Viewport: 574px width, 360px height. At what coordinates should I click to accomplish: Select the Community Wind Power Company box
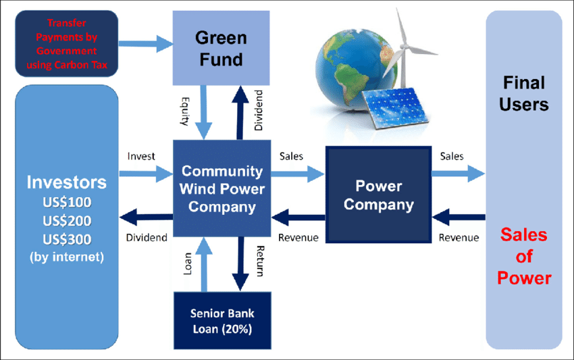[x=221, y=188]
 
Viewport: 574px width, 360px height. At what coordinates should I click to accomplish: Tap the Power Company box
[x=378, y=195]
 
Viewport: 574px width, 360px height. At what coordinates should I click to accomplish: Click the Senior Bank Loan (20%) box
[x=221, y=322]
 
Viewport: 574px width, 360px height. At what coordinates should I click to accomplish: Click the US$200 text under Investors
[x=66, y=221]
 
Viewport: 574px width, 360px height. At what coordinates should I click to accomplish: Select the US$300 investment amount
[x=66, y=238]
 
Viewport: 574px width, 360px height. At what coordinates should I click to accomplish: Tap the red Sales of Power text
[x=523, y=257]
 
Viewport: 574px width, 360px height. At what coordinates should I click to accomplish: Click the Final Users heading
[x=523, y=93]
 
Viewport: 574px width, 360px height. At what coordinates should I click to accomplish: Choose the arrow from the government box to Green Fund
[x=146, y=44]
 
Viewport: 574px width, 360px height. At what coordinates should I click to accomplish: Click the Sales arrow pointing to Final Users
[x=459, y=174]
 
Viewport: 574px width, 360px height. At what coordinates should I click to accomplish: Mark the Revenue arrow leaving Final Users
[x=459, y=217]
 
